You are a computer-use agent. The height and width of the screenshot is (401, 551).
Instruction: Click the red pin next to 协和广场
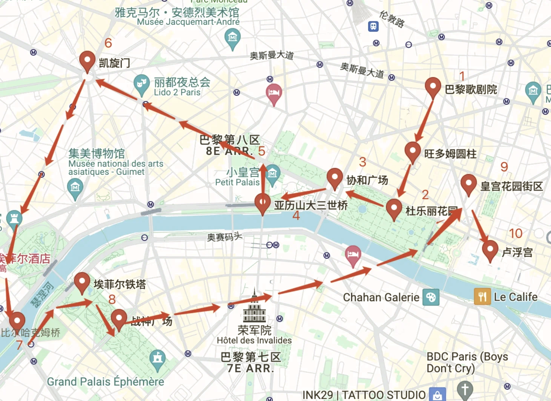click(x=335, y=178)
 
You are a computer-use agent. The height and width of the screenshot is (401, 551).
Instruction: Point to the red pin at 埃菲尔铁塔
click(x=82, y=283)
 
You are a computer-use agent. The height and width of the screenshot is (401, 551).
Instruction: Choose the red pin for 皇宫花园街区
click(x=468, y=184)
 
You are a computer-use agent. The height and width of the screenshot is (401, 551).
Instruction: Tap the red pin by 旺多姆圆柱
click(x=413, y=152)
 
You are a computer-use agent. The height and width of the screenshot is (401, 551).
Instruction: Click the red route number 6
click(x=108, y=43)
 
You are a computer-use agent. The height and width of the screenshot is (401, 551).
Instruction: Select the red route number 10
click(x=516, y=233)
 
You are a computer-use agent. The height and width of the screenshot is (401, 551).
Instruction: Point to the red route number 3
click(x=362, y=162)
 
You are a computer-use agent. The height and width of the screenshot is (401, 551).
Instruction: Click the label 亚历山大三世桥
click(x=310, y=205)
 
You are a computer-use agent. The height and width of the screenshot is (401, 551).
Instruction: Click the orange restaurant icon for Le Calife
click(x=482, y=297)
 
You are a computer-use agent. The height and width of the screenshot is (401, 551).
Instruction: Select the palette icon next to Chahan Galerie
click(x=431, y=297)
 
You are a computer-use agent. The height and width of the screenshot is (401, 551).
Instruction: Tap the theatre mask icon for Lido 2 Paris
click(x=141, y=83)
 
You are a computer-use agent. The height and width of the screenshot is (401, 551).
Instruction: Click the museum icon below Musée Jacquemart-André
click(x=232, y=38)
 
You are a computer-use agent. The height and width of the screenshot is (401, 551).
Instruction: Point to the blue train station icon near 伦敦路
click(x=373, y=26)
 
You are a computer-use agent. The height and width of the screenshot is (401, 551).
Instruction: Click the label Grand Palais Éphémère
click(x=105, y=381)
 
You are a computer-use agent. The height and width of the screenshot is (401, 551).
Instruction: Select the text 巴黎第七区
click(x=250, y=357)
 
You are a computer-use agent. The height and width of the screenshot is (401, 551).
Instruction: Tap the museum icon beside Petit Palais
click(x=273, y=173)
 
